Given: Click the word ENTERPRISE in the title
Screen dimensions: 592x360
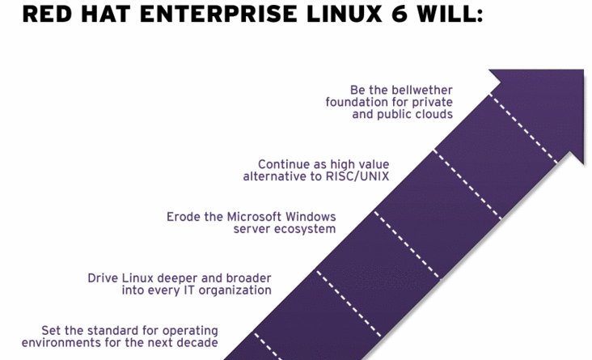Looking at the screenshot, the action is tap(219, 14).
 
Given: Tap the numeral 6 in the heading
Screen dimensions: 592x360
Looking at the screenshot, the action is tap(399, 14).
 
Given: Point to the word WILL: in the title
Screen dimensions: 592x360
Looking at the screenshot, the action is tap(450, 14).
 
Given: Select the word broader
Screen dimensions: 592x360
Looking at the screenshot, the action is tap(248, 278).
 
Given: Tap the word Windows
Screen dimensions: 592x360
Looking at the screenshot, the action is tap(311, 217).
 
